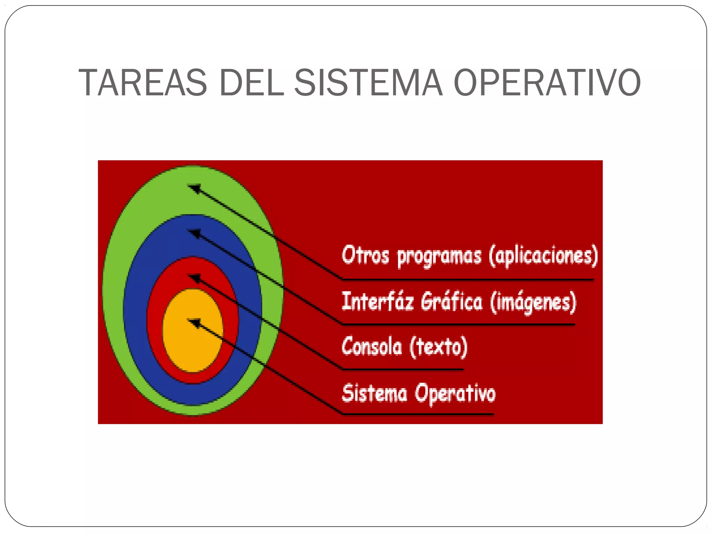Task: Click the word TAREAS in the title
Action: coord(143,83)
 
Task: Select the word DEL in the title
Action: coord(252,83)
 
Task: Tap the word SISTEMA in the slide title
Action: coord(369,83)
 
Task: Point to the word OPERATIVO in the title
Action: coord(547,83)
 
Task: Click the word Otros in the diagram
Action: coord(365,255)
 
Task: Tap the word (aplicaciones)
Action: coord(543,256)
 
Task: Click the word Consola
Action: coord(372,346)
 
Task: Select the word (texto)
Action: coord(438,346)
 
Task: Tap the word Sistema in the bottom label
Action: coord(374,393)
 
